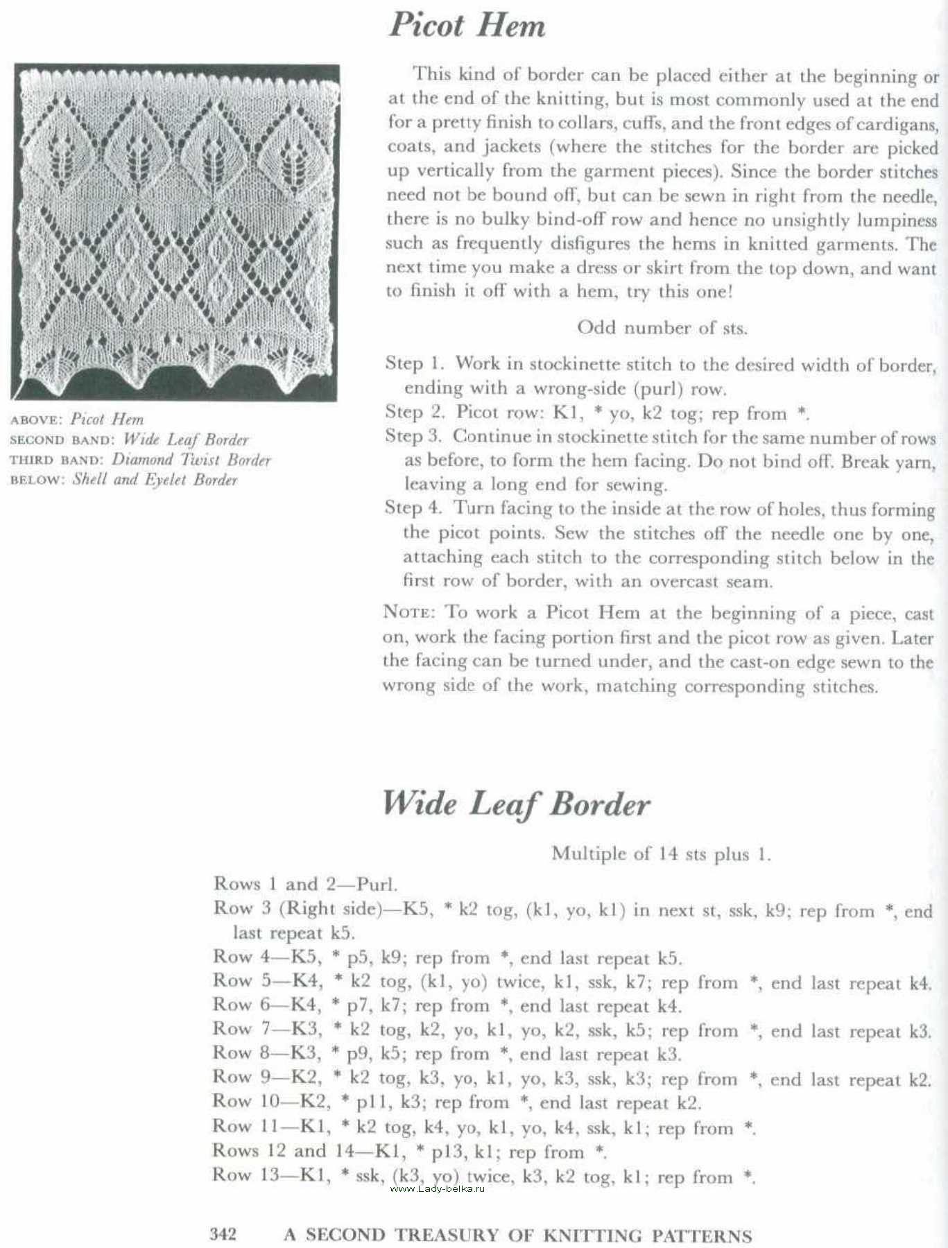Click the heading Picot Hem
click(467, 25)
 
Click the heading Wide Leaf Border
click(516, 804)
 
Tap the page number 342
click(223, 1233)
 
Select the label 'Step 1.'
click(414, 363)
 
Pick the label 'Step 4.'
click(413, 508)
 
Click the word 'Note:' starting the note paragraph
click(409, 612)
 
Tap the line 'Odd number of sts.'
click(662, 327)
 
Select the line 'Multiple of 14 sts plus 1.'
click(661, 853)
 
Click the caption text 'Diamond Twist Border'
click(191, 460)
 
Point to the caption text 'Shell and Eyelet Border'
click(155, 480)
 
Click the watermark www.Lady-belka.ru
click(437, 1188)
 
